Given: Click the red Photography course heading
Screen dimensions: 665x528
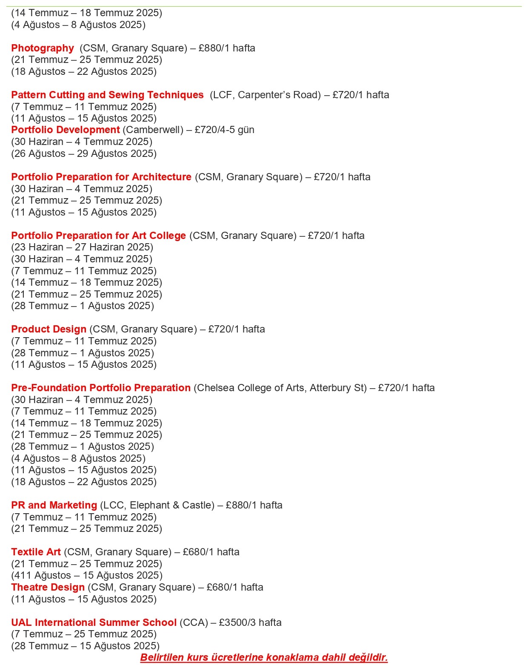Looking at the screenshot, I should [43, 48].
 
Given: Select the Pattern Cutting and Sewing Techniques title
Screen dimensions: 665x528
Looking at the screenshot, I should [107, 95].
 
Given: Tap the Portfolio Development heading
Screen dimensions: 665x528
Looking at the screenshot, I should [66, 130].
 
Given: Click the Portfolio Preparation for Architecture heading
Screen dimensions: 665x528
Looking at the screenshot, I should [101, 177].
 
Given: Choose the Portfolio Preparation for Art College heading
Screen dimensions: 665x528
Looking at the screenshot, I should [98, 236].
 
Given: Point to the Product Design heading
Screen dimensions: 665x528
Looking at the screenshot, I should [49, 329].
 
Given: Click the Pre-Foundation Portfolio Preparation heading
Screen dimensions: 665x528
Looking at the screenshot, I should [101, 388].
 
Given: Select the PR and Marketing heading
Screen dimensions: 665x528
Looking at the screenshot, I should [54, 505].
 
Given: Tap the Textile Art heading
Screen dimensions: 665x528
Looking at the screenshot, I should [36, 552].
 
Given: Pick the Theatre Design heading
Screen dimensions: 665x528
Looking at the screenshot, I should [48, 587].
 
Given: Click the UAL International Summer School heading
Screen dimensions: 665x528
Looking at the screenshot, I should [94, 622].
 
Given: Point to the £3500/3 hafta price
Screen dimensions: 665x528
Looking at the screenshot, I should [250, 622].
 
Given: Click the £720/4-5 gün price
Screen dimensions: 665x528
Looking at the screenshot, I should [225, 130].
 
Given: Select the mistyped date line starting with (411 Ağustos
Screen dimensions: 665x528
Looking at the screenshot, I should [87, 575].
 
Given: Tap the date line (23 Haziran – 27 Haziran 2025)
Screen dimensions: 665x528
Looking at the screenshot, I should [82, 247].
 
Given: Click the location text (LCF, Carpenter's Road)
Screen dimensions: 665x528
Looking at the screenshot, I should [265, 95].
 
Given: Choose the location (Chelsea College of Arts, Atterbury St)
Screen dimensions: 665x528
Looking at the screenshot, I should [280, 388].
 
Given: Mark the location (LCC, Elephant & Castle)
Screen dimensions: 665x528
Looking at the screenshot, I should [157, 505].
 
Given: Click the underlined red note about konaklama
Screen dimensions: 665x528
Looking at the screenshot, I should [264, 657].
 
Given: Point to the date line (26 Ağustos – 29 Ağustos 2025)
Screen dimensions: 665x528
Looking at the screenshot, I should [84, 153].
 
